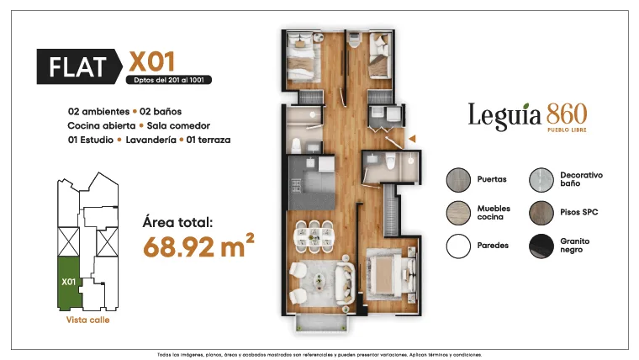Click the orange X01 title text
(x=152, y=62)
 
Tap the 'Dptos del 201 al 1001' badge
(x=169, y=80)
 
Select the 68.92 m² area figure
(x=199, y=246)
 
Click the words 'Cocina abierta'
(x=102, y=125)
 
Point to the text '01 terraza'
(x=209, y=140)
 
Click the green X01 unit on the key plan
(x=69, y=283)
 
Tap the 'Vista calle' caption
(x=88, y=320)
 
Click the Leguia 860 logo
(x=527, y=117)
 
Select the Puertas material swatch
(x=458, y=180)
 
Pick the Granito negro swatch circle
(x=541, y=246)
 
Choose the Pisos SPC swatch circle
(x=541, y=213)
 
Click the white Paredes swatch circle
(x=458, y=246)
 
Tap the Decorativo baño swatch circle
(x=541, y=180)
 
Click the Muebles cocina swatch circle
(x=458, y=213)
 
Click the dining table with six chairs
(x=314, y=236)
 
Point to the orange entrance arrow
(x=412, y=139)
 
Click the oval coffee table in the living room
(x=319, y=281)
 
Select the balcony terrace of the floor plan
(x=321, y=322)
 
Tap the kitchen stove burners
(x=296, y=187)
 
